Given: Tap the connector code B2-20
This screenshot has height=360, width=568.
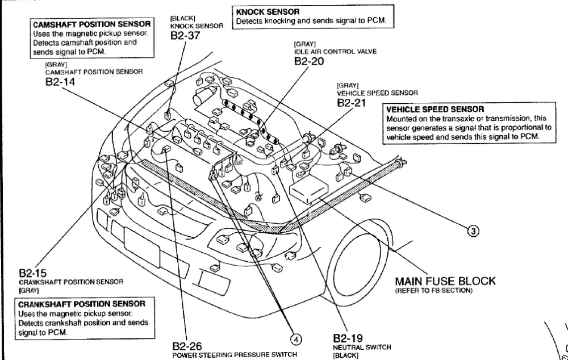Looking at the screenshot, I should (309, 61).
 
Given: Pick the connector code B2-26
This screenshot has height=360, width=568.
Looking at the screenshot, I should (187, 346).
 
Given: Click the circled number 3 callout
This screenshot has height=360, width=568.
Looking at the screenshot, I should (473, 231).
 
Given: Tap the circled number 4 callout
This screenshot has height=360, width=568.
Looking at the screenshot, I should (295, 339).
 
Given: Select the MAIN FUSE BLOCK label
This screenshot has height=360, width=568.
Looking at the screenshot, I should (445, 281).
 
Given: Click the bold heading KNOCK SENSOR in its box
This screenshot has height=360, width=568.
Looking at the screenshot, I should (268, 11).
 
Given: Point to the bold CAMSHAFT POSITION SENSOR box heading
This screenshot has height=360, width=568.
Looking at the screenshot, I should (92, 25).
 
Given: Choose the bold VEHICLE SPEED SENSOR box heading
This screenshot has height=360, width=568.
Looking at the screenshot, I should (435, 109).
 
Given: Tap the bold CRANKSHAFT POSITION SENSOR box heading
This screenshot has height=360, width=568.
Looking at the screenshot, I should (82, 304).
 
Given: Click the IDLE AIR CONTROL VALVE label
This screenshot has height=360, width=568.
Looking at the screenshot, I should (332, 52).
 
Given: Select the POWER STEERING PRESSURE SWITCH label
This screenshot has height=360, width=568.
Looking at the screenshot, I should (235, 355).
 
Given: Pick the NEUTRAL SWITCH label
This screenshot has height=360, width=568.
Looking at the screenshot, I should (362, 347).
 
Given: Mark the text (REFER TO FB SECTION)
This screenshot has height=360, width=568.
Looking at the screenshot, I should (433, 291).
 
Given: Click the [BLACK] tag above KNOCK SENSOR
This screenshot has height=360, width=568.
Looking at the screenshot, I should (183, 18).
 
